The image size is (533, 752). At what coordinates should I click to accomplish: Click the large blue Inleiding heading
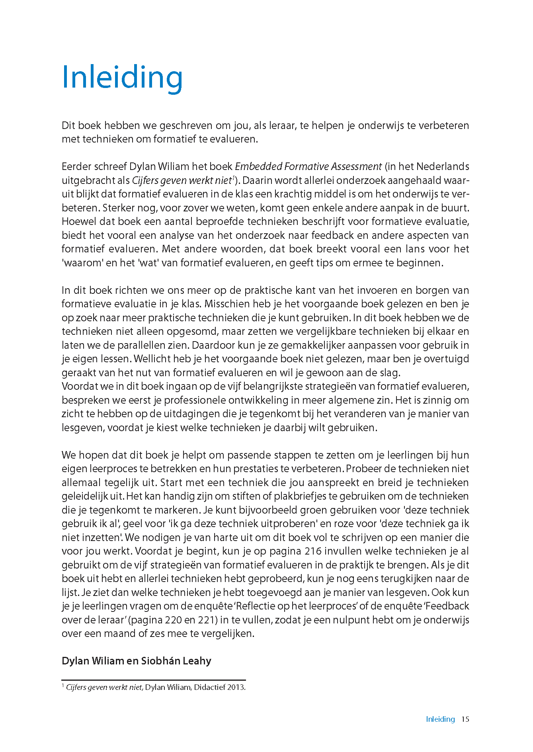point(122,78)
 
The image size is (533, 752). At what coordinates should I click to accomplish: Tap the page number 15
point(465,719)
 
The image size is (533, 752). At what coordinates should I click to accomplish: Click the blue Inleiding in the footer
point(440,719)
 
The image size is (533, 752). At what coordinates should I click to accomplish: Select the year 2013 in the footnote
point(236,687)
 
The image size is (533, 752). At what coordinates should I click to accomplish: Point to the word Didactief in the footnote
point(209,687)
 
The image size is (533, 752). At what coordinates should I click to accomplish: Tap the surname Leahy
point(198,661)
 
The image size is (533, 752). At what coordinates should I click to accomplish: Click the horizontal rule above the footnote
point(154,680)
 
